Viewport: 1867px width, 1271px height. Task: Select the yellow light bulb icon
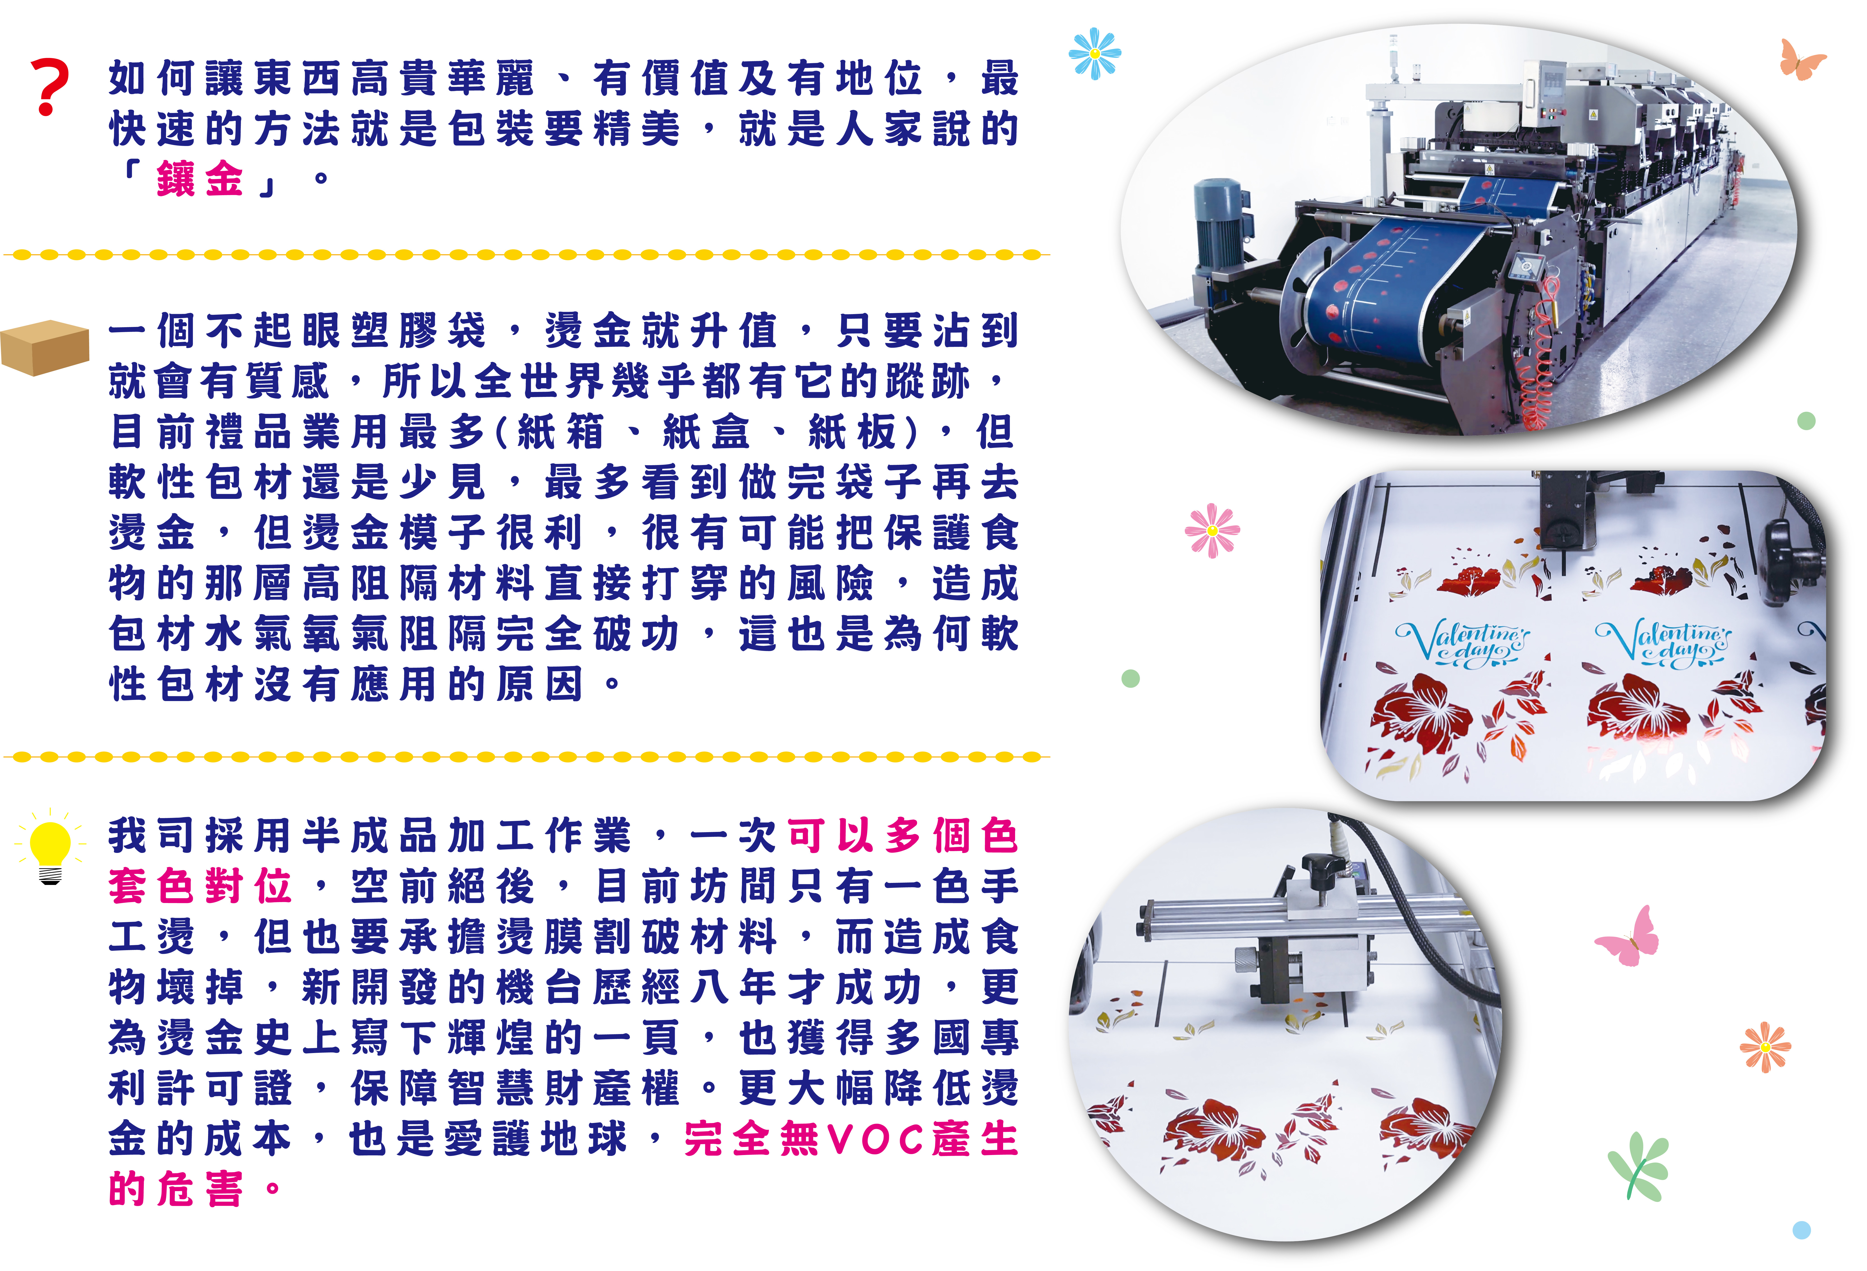[51, 848]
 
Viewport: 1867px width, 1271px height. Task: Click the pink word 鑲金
[199, 178]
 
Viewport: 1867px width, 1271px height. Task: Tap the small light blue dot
[1801, 1230]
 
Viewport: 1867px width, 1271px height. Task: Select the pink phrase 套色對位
[199, 886]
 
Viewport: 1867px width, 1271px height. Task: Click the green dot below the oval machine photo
[1806, 421]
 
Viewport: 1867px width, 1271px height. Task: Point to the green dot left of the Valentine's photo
[1130, 679]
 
